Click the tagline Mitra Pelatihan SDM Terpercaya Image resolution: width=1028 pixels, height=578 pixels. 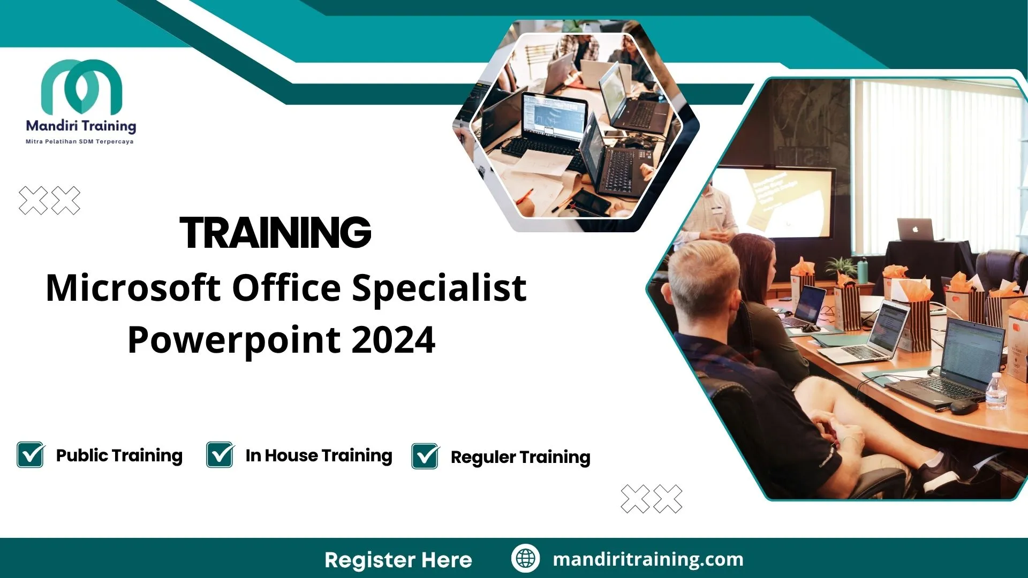pyautogui.click(x=80, y=142)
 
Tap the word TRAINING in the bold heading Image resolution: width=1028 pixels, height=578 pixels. pyautogui.click(x=275, y=233)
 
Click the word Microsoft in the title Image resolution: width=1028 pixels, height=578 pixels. pyautogui.click(x=133, y=288)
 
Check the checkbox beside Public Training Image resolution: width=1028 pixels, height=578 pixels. pyautogui.click(x=31, y=455)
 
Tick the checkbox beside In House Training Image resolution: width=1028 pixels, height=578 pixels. pyautogui.click(x=220, y=455)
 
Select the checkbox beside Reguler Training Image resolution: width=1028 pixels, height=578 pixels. pyautogui.click(x=425, y=457)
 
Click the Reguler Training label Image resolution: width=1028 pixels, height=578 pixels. pyautogui.click(x=520, y=457)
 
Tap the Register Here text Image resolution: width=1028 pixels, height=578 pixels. pyautogui.click(x=398, y=560)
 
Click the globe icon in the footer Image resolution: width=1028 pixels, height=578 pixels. pyautogui.click(x=525, y=559)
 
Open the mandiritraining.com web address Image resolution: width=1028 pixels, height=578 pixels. pyautogui.click(x=648, y=559)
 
